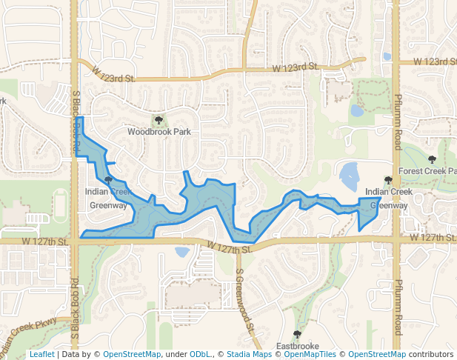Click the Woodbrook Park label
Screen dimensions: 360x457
click(x=159, y=132)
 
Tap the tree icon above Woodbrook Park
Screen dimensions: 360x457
click(x=159, y=120)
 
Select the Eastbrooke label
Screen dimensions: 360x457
click(x=297, y=346)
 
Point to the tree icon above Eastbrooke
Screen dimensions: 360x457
click(x=297, y=335)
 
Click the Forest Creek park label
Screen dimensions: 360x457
click(x=427, y=171)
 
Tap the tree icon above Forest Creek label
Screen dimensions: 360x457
click(x=432, y=159)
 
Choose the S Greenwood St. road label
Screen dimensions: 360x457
click(x=244, y=300)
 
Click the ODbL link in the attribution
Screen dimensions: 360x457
click(x=200, y=355)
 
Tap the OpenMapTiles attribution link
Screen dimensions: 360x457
click(x=310, y=355)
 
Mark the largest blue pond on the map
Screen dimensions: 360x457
click(x=348, y=176)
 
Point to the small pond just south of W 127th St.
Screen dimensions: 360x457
click(x=182, y=252)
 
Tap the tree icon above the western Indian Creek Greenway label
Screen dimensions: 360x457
click(x=108, y=180)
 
